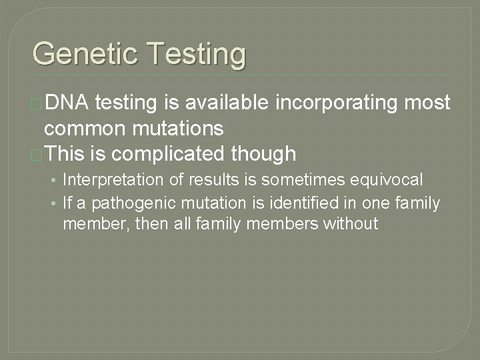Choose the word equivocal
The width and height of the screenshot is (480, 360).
(390, 180)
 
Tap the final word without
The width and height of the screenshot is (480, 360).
(349, 223)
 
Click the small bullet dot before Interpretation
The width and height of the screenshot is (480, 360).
(55, 181)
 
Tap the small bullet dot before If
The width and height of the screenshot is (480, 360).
(55, 203)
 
